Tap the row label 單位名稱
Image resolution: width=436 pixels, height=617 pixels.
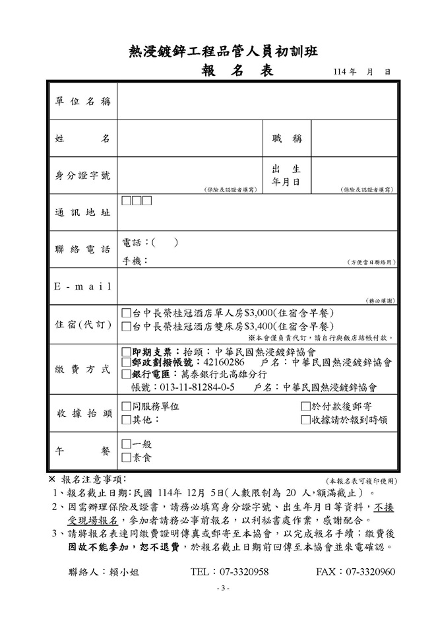[x=82, y=102]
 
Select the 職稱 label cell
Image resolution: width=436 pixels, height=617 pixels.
[x=287, y=139]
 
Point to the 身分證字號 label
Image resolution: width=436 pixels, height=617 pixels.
[x=82, y=176]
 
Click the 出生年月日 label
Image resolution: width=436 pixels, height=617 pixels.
[x=287, y=175]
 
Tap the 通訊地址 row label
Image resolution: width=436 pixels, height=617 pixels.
[x=82, y=212]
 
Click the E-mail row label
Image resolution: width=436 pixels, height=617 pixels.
[x=82, y=288]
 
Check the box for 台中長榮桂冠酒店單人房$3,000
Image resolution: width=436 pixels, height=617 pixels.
[x=127, y=313]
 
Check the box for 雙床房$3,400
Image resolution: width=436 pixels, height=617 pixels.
[x=127, y=326]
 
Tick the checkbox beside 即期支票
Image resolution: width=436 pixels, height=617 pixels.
[x=127, y=352]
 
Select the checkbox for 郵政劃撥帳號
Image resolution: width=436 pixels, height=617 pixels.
[x=127, y=363]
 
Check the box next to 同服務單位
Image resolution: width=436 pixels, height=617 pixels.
[x=127, y=406]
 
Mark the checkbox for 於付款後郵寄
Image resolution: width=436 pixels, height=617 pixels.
[x=305, y=406]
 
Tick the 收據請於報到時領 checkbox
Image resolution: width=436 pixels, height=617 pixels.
[x=305, y=419]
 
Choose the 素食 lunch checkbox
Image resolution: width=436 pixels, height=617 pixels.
[x=127, y=457]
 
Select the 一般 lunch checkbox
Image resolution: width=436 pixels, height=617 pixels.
[x=127, y=445]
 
